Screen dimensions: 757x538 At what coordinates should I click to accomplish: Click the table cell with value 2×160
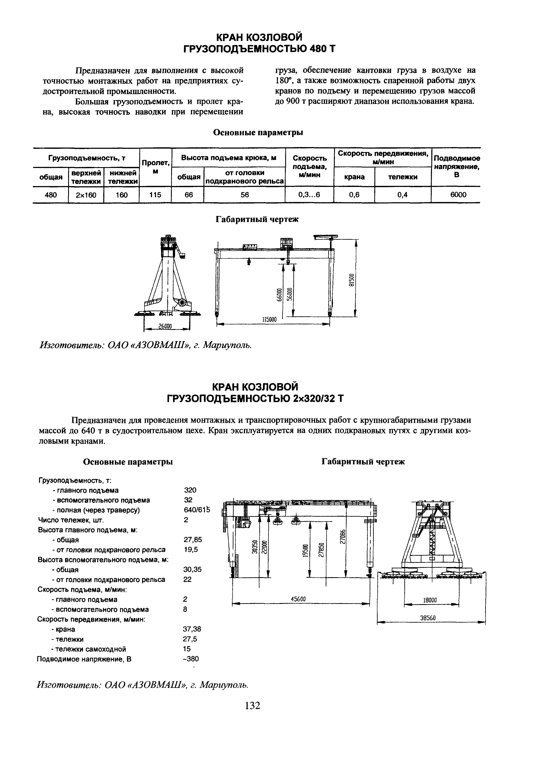86,195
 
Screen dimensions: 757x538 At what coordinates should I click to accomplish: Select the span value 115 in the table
155,195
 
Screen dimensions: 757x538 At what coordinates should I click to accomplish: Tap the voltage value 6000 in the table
458,195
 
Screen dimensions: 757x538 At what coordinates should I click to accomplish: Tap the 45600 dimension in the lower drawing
298,599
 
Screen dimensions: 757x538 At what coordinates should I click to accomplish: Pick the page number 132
252,706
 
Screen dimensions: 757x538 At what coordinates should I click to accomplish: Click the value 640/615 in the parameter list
197,510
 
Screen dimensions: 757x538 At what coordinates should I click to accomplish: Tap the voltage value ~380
191,659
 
